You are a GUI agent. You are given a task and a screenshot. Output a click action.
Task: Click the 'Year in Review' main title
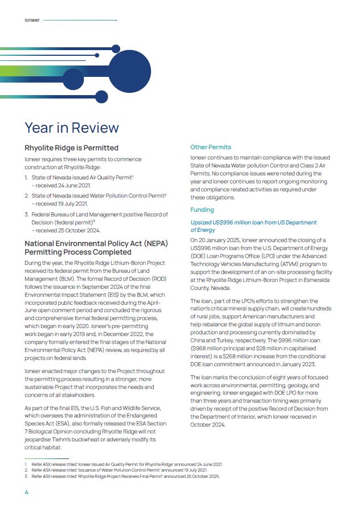click(72, 127)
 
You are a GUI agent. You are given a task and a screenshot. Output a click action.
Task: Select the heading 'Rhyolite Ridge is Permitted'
click(71, 148)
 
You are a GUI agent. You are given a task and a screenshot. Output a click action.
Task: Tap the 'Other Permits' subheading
click(211, 148)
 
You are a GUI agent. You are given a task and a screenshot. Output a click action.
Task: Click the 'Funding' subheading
click(202, 210)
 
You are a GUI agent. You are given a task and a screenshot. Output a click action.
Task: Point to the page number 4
click(26, 492)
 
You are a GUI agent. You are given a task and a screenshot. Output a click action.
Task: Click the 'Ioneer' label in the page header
click(32, 20)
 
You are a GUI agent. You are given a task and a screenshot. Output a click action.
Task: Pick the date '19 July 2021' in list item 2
click(69, 203)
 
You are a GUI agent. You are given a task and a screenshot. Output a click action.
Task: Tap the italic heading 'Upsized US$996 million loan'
click(253, 222)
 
